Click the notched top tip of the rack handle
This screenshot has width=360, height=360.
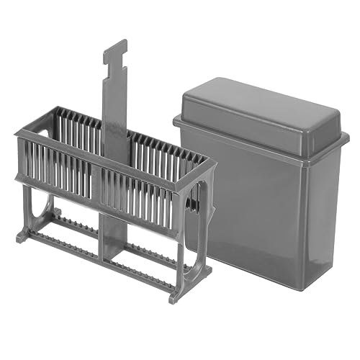pyautogui.click(x=115, y=48)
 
